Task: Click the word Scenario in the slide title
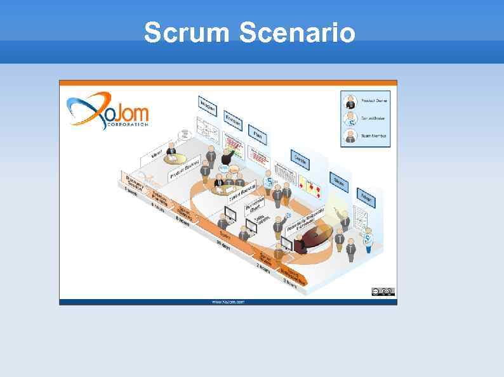click(298, 32)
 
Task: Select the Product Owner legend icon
click(350, 101)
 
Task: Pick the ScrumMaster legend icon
click(350, 118)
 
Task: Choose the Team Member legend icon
click(350, 135)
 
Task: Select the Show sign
click(340, 182)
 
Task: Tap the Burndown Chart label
click(254, 204)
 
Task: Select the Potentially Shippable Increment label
click(307, 219)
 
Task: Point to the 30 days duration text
click(222, 248)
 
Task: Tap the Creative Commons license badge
click(383, 291)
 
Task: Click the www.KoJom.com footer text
click(228, 302)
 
